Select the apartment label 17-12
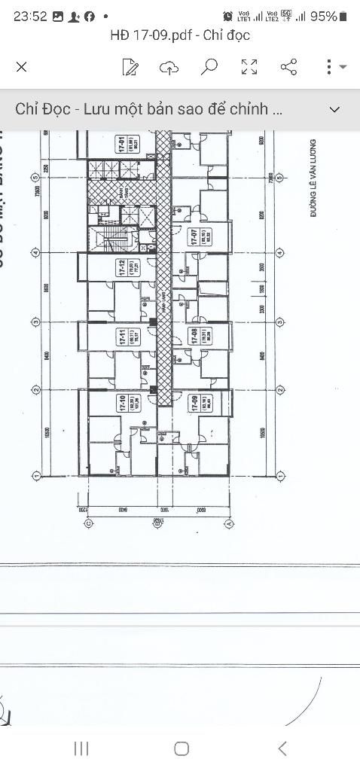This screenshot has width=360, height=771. pos(121,268)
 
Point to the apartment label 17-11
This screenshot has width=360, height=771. pos(121,337)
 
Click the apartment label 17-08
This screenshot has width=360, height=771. pos(194,336)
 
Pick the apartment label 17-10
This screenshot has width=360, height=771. pos(121,405)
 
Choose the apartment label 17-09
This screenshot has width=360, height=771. pos(194,404)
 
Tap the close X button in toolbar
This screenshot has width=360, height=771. pos(22,67)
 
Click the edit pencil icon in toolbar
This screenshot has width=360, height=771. pos(130,67)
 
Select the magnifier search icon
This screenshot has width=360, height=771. pos(209,67)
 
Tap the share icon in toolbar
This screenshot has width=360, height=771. pos(288,67)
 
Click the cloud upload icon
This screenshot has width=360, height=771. pos(169,67)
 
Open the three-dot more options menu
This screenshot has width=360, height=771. pos(329,67)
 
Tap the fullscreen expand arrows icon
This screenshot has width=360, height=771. pos(249,67)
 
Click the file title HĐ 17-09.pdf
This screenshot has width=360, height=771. pos(180,35)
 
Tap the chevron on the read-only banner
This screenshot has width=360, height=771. pos(335,109)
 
